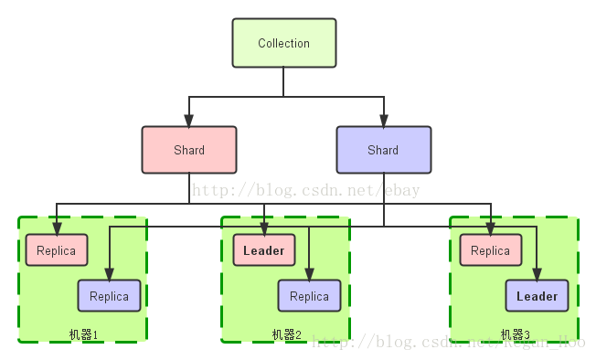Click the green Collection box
point(283,43)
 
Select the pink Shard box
point(189,150)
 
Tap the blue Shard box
point(383,150)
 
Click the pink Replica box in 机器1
point(57,250)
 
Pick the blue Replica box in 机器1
point(109,296)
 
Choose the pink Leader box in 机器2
point(264,250)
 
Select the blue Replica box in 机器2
point(309,296)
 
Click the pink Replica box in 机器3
point(491,250)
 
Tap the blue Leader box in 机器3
point(537,296)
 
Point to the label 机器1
point(83,334)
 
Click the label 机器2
point(286,334)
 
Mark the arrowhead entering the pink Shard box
point(189,121)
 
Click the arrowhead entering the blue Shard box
point(383,121)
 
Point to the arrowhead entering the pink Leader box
point(264,229)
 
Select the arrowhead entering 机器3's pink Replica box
point(491,229)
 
